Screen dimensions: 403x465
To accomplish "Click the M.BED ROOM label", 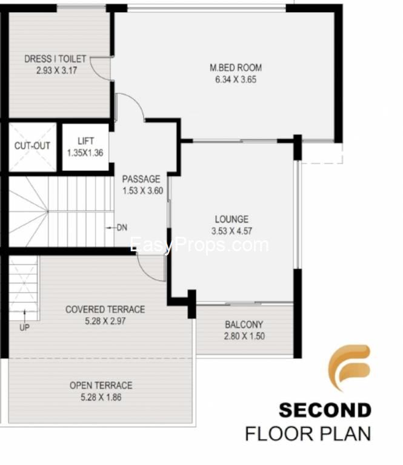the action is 236,68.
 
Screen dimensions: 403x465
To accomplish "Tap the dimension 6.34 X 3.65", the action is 236,79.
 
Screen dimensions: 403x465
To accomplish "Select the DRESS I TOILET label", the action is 55,59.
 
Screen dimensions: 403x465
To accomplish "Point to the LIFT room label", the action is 86,141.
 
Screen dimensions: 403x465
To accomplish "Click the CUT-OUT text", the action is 32,145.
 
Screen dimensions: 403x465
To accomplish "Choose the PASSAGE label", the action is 141,179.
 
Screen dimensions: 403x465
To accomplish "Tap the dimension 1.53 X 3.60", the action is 143,191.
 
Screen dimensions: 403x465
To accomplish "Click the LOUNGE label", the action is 231,219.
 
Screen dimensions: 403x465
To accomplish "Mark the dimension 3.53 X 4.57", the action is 231,231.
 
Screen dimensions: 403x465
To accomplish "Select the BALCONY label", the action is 244,325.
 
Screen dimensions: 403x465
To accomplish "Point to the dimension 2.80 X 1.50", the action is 244,336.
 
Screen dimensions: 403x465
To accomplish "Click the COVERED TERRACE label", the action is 105,309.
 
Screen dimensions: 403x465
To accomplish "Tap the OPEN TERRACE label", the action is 101,385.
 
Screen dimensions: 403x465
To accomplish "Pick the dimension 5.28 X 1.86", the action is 101,397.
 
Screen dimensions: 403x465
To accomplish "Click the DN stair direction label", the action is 122,228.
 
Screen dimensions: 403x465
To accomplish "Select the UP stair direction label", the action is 24,328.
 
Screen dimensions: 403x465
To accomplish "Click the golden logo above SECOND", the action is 350,368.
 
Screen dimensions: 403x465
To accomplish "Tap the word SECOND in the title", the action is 325,410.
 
